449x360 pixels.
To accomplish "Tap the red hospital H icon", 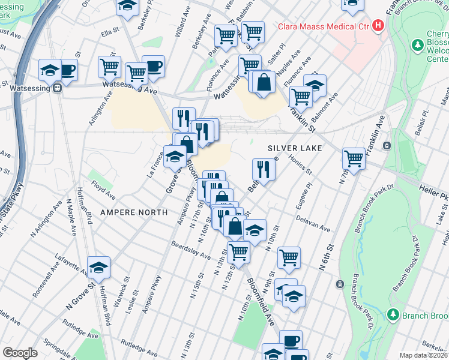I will pos(378,26).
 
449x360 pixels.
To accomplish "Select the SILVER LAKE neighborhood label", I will pos(295,148).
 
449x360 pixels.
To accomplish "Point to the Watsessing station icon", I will pos(58,88).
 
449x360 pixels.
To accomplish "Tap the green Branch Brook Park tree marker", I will pos(393,314).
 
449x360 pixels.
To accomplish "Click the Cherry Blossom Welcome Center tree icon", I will pos(418,45).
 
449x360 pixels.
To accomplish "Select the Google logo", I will pos(20,353).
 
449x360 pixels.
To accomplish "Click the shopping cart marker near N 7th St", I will pos(354,159).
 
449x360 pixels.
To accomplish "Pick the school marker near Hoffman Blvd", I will pos(99,268).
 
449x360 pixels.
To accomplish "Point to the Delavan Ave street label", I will pos(317,227).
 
